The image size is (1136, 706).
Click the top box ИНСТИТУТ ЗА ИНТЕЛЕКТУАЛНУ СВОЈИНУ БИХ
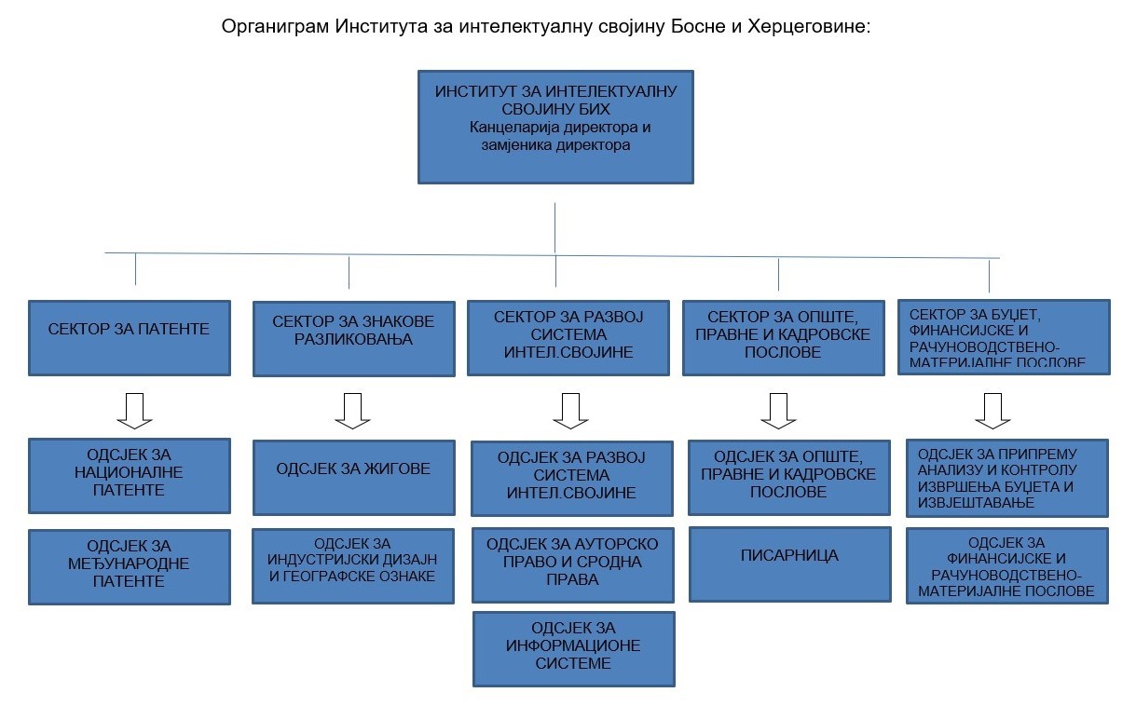[x=555, y=127]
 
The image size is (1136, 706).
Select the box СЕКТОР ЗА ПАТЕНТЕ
[x=130, y=338]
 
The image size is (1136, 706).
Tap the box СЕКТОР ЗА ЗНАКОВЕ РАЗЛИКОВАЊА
[x=354, y=339]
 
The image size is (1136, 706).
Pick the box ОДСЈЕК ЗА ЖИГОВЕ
[x=354, y=478]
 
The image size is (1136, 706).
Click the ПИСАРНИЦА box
[x=790, y=564]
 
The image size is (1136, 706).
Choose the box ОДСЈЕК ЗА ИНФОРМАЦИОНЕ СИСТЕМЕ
[x=573, y=649]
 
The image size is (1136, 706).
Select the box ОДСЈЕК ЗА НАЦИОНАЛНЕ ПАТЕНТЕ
[x=130, y=476]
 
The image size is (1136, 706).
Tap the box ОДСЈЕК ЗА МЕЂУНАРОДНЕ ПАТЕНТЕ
[x=130, y=567]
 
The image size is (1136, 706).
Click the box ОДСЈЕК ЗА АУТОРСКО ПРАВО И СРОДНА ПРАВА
[x=573, y=565]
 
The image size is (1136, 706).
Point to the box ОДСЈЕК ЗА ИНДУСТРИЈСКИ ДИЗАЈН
[x=353, y=566]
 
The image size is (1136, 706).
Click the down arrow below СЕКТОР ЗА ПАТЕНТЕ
[x=134, y=411]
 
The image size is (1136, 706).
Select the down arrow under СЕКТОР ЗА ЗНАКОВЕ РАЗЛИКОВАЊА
[x=352, y=411]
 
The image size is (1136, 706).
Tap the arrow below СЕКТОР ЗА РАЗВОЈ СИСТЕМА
[x=570, y=411]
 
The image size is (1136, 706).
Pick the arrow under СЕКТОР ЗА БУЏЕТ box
[x=993, y=411]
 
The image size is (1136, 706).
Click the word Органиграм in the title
[x=275, y=26]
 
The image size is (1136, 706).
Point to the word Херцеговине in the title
[x=809, y=26]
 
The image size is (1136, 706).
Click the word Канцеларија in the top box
[x=513, y=128]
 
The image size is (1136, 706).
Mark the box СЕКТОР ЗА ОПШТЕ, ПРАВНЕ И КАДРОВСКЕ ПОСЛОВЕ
[x=784, y=338]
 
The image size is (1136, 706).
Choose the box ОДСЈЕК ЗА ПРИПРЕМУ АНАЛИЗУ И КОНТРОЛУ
[x=1007, y=478]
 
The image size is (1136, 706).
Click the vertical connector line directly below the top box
[x=554, y=228]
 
